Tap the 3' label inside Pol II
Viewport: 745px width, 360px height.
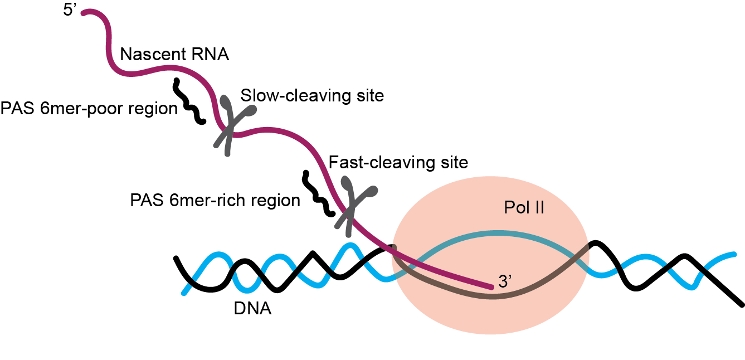click(505, 282)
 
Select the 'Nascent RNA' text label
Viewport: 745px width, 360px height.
click(174, 55)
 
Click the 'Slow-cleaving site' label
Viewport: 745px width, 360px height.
click(312, 96)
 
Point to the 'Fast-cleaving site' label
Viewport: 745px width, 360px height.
click(398, 163)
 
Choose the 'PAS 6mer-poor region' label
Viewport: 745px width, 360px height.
click(89, 108)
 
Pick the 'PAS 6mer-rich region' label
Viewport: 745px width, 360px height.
click(215, 200)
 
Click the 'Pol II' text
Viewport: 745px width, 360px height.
click(524, 208)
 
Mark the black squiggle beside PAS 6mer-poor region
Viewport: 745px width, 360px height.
click(189, 101)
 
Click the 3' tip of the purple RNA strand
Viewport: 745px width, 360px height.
click(491, 287)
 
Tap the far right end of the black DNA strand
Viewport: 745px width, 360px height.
click(741, 304)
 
